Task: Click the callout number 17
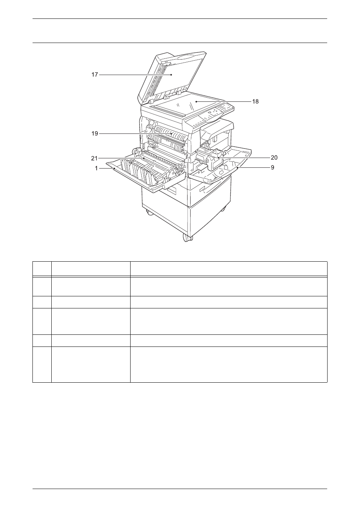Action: coord(95,75)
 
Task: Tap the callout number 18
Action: coord(255,101)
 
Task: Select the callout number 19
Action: coord(95,133)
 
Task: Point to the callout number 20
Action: coord(274,158)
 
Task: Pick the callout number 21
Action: coord(94,158)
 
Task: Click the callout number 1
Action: coord(96,169)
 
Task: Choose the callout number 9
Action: coord(272,167)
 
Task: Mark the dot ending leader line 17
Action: coord(171,75)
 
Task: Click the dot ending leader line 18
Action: coord(196,101)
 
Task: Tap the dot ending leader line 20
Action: coord(218,158)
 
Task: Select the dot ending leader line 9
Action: coord(237,167)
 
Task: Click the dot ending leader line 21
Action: coord(144,158)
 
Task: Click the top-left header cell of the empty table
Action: coord(42,269)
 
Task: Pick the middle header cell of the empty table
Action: coord(91,269)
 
